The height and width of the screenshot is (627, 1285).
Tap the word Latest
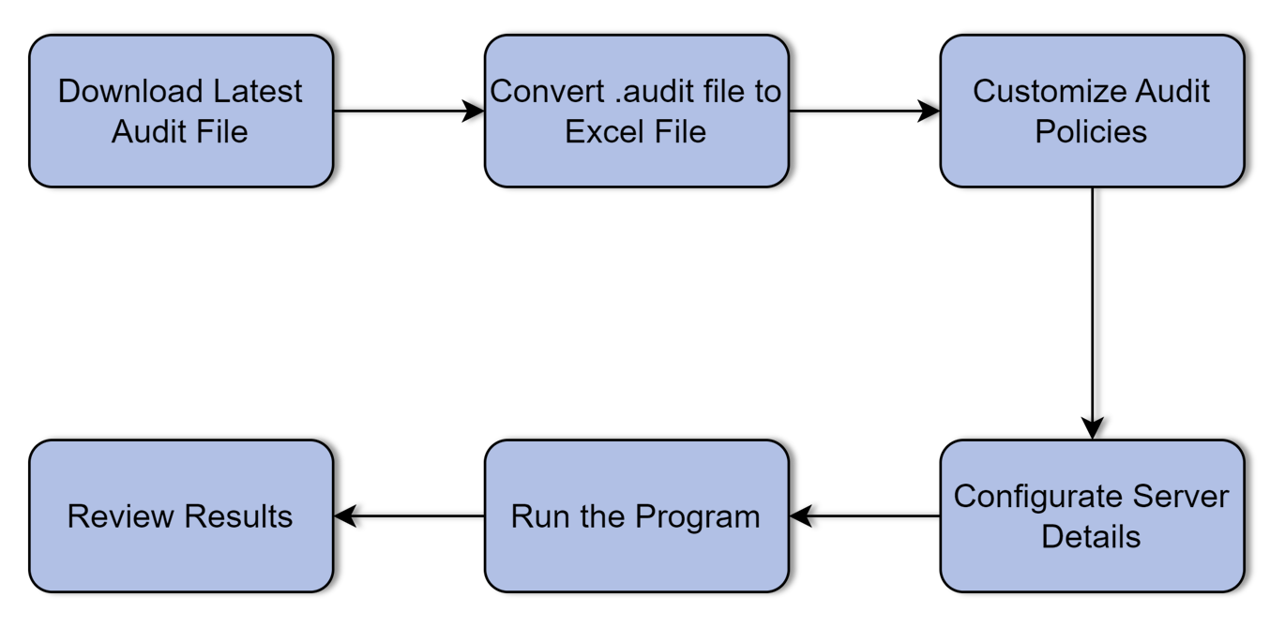click(x=258, y=91)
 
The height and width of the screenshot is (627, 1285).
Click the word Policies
click(x=1091, y=131)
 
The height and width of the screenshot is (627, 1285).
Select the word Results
click(x=238, y=516)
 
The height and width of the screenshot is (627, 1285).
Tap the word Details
click(x=1091, y=537)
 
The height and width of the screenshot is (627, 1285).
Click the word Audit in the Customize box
click(x=1172, y=91)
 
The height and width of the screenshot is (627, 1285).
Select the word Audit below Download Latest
click(x=146, y=131)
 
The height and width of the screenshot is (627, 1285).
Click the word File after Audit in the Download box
click(x=219, y=131)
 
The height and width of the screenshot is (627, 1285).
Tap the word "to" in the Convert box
click(x=765, y=91)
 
